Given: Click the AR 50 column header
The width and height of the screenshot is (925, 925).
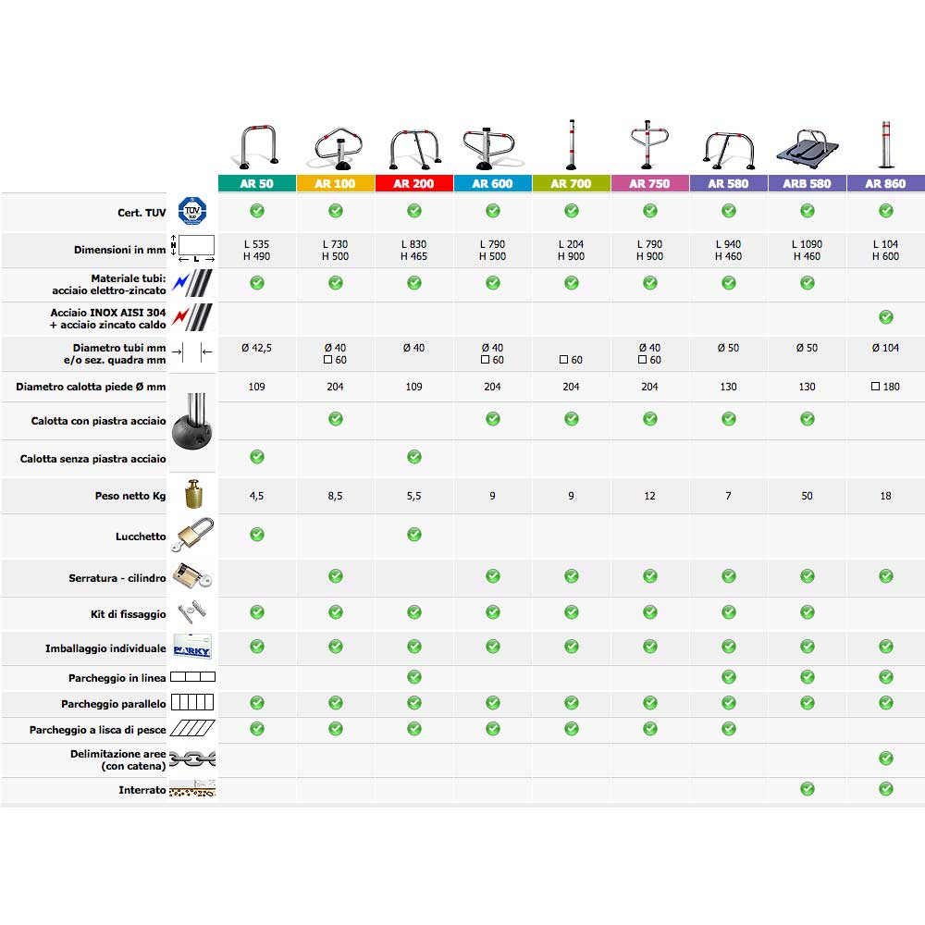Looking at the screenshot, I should (257, 183).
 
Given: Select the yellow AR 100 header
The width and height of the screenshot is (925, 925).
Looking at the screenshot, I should (335, 183).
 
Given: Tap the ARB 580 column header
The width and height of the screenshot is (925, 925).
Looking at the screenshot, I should (808, 183).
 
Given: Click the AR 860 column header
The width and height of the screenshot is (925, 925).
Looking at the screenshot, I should (885, 183).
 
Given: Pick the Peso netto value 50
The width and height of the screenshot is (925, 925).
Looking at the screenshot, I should (808, 496).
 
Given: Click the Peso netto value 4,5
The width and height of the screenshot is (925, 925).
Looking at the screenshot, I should (257, 496).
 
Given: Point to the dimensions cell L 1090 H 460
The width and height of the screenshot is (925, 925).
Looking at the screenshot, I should (808, 250).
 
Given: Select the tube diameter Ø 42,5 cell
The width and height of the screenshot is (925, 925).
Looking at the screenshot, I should (257, 348).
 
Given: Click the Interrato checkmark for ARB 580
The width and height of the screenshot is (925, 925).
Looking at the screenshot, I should (808, 789).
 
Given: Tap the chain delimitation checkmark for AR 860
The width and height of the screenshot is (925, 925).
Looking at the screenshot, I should (886, 758).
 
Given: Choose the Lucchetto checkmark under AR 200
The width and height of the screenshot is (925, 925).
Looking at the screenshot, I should (414, 534).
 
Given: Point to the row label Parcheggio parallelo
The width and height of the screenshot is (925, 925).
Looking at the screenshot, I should (114, 704).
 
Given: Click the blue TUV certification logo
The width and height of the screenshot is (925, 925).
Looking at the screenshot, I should (193, 212).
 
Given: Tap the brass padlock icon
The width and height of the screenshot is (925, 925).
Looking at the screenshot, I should (193, 536).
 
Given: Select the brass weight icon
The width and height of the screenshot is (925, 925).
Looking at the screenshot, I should (193, 495).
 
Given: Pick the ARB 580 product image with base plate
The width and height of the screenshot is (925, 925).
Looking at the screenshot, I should (808, 149).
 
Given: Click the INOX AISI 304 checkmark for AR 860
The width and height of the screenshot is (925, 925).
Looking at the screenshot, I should (886, 317).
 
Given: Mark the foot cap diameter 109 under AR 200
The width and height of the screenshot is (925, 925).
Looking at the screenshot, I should (414, 387).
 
